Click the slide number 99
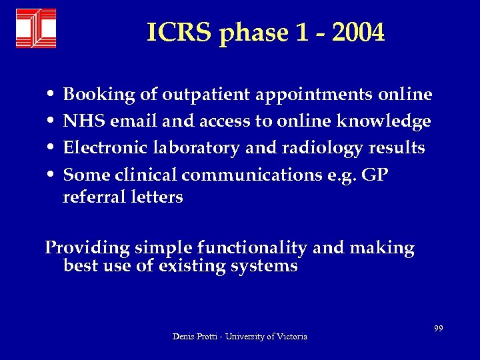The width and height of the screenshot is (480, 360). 439,327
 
